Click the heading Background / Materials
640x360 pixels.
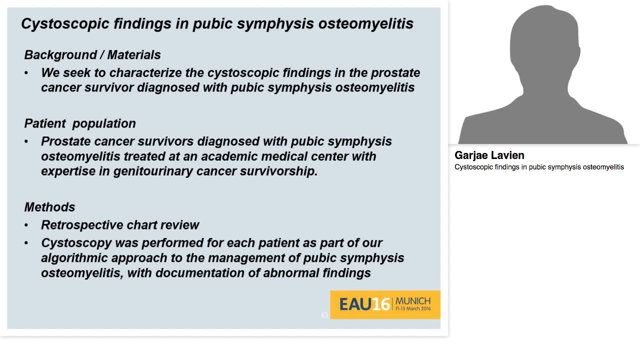tap(92, 55)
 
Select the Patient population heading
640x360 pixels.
tap(80, 123)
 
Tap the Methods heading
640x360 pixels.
tap(49, 207)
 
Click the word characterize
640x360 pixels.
tap(145, 73)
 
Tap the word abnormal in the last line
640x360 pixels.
tap(291, 273)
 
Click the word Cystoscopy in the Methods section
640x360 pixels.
tap(75, 243)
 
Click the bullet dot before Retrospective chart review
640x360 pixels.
tap(26, 225)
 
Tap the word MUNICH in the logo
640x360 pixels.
tap(412, 301)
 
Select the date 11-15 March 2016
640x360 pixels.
tap(412, 309)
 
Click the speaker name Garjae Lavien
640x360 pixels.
tap(489, 155)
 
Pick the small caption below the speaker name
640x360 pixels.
tap(539, 167)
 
